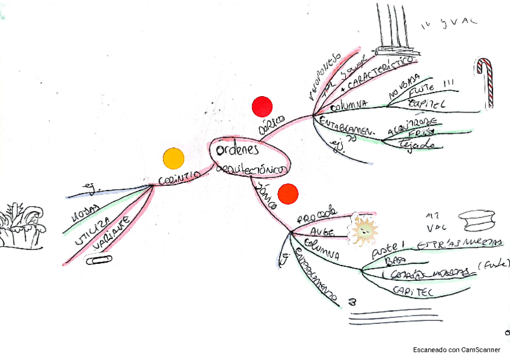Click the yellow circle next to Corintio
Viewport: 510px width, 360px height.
(x=173, y=158)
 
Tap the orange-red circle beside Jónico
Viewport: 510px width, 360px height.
(x=288, y=194)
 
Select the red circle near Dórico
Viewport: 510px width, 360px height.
(x=262, y=106)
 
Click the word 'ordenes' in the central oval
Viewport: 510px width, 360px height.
(x=238, y=149)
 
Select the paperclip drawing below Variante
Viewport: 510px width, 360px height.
(x=99, y=260)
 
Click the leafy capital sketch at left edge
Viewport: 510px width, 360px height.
(x=22, y=227)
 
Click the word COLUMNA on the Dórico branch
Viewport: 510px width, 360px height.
(x=349, y=105)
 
